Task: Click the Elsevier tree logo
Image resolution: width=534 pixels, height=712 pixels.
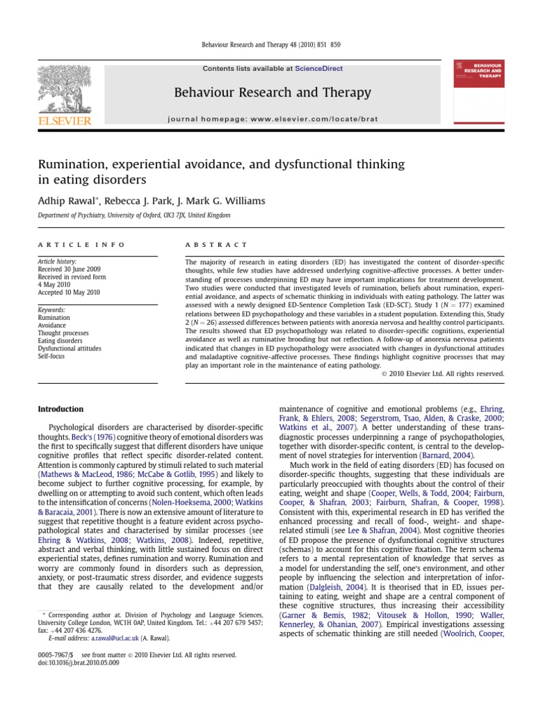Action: click(67, 90)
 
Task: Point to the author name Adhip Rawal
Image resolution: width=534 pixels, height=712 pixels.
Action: click(67, 201)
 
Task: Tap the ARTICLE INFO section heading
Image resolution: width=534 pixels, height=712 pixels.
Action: click(81, 245)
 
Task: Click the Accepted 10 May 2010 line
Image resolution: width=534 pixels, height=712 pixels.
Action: click(70, 292)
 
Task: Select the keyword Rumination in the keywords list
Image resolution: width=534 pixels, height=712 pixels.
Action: click(54, 317)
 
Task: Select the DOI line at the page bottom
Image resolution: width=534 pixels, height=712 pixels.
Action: click(79, 663)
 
